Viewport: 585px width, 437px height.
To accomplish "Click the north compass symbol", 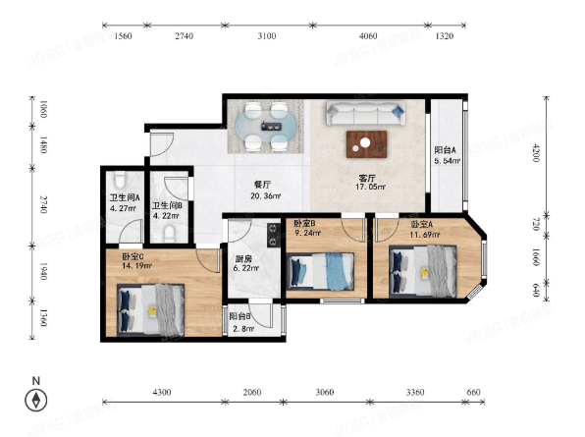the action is click(x=36, y=400).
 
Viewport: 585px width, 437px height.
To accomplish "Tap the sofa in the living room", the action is click(x=366, y=113).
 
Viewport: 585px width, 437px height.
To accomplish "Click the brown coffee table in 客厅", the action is click(x=366, y=144).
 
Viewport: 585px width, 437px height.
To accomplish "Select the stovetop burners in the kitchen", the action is click(x=274, y=235).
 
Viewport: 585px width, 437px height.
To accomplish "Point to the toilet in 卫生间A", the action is click(x=120, y=180).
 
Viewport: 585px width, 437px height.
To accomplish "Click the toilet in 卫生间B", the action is click(x=170, y=234).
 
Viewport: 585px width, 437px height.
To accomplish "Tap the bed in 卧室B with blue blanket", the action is click(x=320, y=271).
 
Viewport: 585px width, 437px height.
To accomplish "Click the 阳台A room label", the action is click(x=445, y=150).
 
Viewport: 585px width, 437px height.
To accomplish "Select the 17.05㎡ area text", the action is click(x=370, y=187).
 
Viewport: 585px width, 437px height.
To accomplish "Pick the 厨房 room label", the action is click(x=243, y=258).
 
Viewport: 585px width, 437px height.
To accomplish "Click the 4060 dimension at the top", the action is click(x=368, y=35).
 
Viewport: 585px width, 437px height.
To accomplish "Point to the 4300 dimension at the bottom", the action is click(x=162, y=392).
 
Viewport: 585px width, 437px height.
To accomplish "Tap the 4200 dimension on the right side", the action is click(x=536, y=152).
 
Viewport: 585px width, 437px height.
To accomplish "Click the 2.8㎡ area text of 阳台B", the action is click(x=243, y=329).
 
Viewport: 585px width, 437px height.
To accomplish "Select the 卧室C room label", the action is click(x=133, y=256).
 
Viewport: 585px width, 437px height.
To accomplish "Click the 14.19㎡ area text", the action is click(x=136, y=266).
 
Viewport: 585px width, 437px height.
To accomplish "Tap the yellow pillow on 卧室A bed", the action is click(x=425, y=273).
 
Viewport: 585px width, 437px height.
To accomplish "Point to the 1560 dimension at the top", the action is click(x=123, y=35).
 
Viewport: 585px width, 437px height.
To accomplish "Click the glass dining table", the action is click(x=267, y=126).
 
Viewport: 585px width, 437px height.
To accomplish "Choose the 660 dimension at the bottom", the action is click(x=473, y=392).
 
